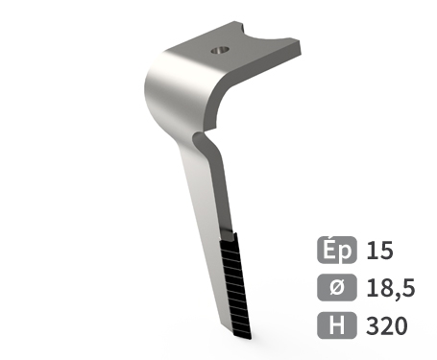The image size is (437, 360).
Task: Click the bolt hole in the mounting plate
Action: pos(220,50)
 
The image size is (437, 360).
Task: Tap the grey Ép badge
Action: pos(337,250)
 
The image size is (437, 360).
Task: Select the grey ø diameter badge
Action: pos(337,287)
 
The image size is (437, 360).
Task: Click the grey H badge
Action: pos(337,325)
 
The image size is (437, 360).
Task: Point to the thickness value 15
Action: pos(379,251)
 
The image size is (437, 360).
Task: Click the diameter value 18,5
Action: pos(391,288)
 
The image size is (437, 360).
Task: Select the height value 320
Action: pos(387,325)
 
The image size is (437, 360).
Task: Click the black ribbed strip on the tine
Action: pos(235,286)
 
